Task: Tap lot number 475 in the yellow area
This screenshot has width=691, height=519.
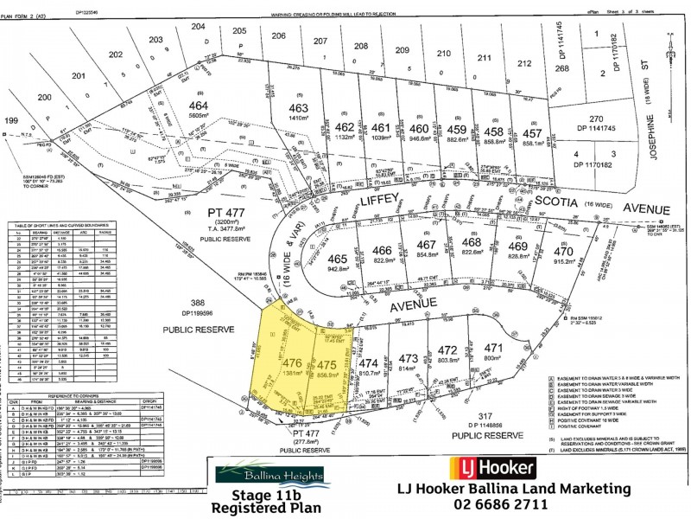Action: [x=326, y=365]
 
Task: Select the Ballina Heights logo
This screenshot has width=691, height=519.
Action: [x=270, y=475]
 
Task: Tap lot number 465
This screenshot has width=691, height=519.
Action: [x=337, y=259]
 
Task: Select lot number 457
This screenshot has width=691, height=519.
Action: [x=532, y=135]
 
